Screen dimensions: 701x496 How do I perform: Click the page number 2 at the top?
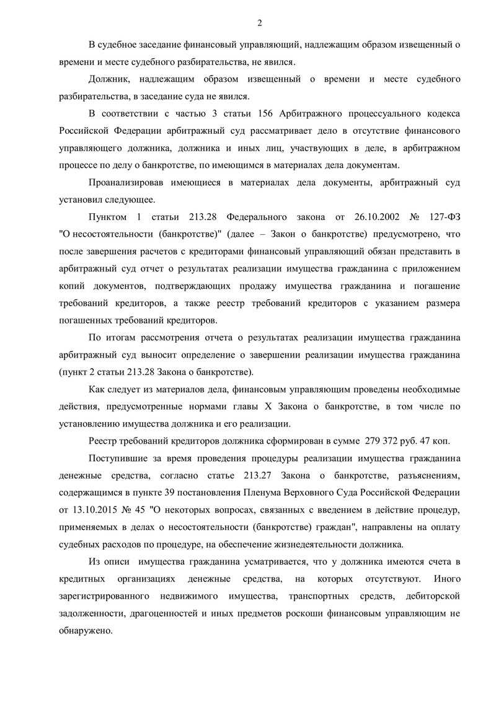259,24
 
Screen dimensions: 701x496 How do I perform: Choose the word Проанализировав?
126,183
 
